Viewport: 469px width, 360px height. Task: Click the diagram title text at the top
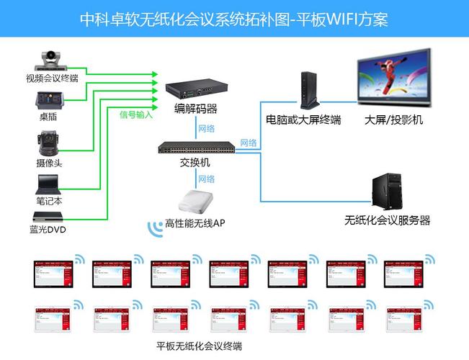pyautogui.click(x=234, y=19)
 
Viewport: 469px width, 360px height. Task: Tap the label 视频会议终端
pyautogui.click(x=52, y=78)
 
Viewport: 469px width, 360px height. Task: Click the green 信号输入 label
pyautogui.click(x=136, y=114)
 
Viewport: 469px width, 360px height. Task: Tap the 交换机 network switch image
pyautogui.click(x=197, y=148)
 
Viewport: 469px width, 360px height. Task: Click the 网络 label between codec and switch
pyautogui.click(x=206, y=128)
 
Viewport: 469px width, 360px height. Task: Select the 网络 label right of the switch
pyautogui.click(x=249, y=143)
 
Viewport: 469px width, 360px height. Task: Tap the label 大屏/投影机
pyautogui.click(x=393, y=120)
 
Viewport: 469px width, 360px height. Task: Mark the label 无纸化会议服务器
pyautogui.click(x=387, y=220)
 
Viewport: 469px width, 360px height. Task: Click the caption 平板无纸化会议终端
pyautogui.click(x=199, y=346)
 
